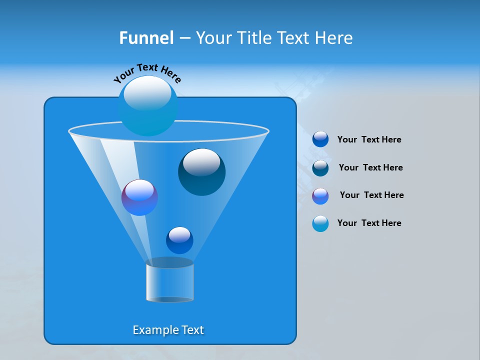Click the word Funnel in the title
(146, 38)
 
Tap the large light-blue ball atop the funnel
(147, 106)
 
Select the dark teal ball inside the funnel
(201, 172)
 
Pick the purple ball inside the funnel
(139, 197)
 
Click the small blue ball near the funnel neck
(179, 240)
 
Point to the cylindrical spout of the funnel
(169, 280)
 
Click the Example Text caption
(168, 330)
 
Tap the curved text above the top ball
(147, 72)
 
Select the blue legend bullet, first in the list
(320, 139)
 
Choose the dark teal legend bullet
(320, 168)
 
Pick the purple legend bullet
(320, 196)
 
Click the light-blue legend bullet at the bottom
(320, 223)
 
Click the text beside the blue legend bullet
(369, 140)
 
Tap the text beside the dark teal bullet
(370, 168)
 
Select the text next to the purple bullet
(371, 195)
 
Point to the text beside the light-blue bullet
(369, 223)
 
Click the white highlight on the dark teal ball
(201, 162)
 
